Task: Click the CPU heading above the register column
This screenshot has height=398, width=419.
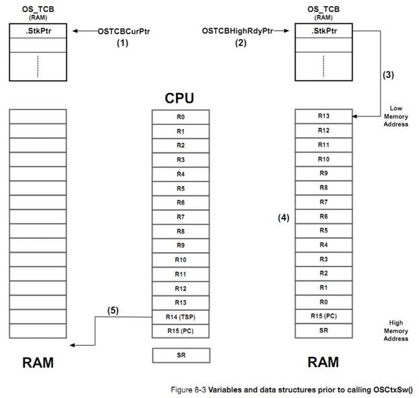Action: [x=180, y=99]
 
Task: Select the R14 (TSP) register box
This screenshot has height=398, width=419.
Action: [x=181, y=317]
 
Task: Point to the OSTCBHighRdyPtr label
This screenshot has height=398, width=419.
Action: [x=236, y=31]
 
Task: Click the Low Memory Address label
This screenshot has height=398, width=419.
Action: [x=396, y=116]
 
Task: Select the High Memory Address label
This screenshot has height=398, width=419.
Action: [x=396, y=331]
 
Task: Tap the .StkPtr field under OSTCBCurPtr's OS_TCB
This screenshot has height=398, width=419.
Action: [x=38, y=31]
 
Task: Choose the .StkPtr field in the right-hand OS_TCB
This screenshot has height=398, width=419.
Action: [x=324, y=31]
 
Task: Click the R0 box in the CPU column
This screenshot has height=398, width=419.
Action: [x=181, y=117]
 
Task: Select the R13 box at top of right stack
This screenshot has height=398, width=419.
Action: [x=324, y=116]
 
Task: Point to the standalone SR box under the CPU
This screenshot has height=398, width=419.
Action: [x=181, y=354]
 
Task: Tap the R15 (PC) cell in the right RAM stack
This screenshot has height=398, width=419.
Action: [x=324, y=316]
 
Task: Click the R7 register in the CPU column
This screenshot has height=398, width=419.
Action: [x=181, y=216]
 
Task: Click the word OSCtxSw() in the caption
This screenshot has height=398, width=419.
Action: [x=392, y=390]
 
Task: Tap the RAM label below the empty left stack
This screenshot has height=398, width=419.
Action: [x=38, y=362]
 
